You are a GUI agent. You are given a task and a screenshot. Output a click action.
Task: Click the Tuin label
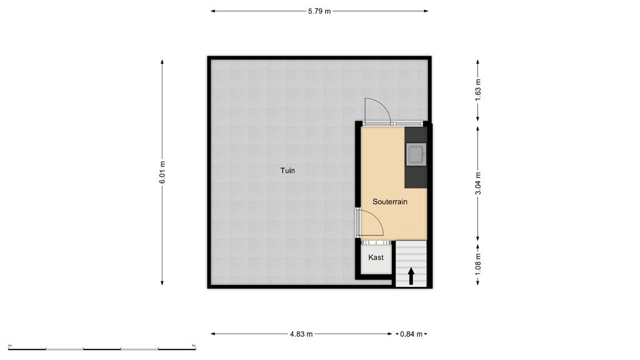coord(287,170)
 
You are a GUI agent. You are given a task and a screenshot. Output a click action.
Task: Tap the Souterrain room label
coord(390,202)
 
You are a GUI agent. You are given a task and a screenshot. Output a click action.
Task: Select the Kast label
coord(376,257)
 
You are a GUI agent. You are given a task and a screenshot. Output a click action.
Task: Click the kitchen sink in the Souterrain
coord(416,153)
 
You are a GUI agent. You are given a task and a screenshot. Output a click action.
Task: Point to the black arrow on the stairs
coord(411,276)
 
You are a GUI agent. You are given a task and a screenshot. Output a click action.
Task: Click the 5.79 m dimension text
coord(319,11)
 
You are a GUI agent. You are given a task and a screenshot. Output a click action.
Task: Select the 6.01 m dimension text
coord(162,172)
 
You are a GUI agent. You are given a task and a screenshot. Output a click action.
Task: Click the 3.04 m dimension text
coord(479,183)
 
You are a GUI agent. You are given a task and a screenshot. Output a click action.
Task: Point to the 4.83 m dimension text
coord(302,334)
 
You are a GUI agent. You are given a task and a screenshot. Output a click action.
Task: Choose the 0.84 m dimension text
coord(411,334)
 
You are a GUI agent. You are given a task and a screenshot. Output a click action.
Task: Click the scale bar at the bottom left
coord(102,347)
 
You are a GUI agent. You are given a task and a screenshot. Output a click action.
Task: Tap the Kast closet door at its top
coord(376,242)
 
